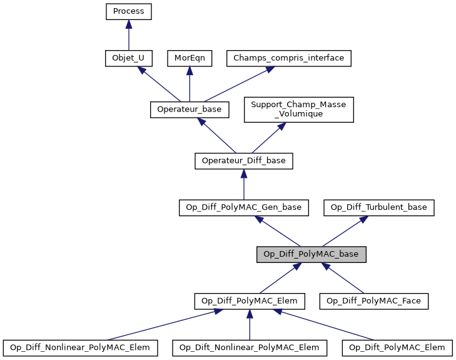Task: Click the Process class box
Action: click(x=128, y=11)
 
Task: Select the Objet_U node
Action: click(x=128, y=58)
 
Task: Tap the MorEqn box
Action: click(x=190, y=58)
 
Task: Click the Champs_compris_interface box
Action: click(x=288, y=58)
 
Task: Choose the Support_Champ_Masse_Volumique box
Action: click(x=299, y=110)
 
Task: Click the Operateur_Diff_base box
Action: click(x=243, y=161)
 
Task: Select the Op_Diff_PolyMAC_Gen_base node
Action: click(x=243, y=207)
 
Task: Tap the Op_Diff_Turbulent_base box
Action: click(x=378, y=207)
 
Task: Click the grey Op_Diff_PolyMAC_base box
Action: click(x=311, y=254)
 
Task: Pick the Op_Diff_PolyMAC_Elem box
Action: click(x=250, y=301)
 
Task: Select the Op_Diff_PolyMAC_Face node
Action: click(x=374, y=301)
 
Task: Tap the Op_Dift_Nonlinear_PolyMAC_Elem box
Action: click(x=250, y=347)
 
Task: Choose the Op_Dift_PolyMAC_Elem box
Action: click(x=397, y=347)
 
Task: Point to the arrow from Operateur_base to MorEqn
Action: click(x=190, y=84)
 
